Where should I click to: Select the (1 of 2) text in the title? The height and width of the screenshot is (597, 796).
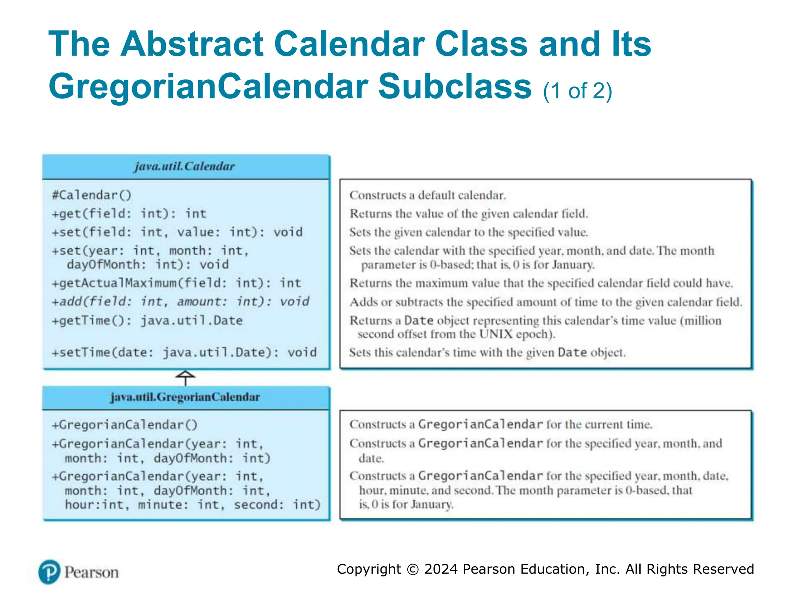point(577,91)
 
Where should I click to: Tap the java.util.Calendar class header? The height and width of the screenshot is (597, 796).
point(185,166)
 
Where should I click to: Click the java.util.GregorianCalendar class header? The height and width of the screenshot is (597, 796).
point(185,397)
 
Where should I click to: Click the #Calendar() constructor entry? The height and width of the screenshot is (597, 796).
point(92,195)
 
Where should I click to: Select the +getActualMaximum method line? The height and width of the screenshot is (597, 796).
point(176,283)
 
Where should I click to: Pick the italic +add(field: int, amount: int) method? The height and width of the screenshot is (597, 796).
point(180,302)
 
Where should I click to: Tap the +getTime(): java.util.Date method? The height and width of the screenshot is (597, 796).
point(147,321)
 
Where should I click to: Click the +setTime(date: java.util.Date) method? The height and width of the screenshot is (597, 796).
point(184,353)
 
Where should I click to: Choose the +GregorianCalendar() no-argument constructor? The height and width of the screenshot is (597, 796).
point(125,425)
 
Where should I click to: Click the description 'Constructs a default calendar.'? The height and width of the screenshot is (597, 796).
point(428,195)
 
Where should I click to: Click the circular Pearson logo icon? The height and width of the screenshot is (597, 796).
point(49,572)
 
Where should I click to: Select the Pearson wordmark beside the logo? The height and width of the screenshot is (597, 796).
point(92,573)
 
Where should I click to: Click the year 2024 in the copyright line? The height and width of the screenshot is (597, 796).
point(441,569)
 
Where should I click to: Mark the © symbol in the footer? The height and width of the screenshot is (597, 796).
point(412,569)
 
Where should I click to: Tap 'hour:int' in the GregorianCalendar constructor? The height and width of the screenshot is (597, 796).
point(94,505)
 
